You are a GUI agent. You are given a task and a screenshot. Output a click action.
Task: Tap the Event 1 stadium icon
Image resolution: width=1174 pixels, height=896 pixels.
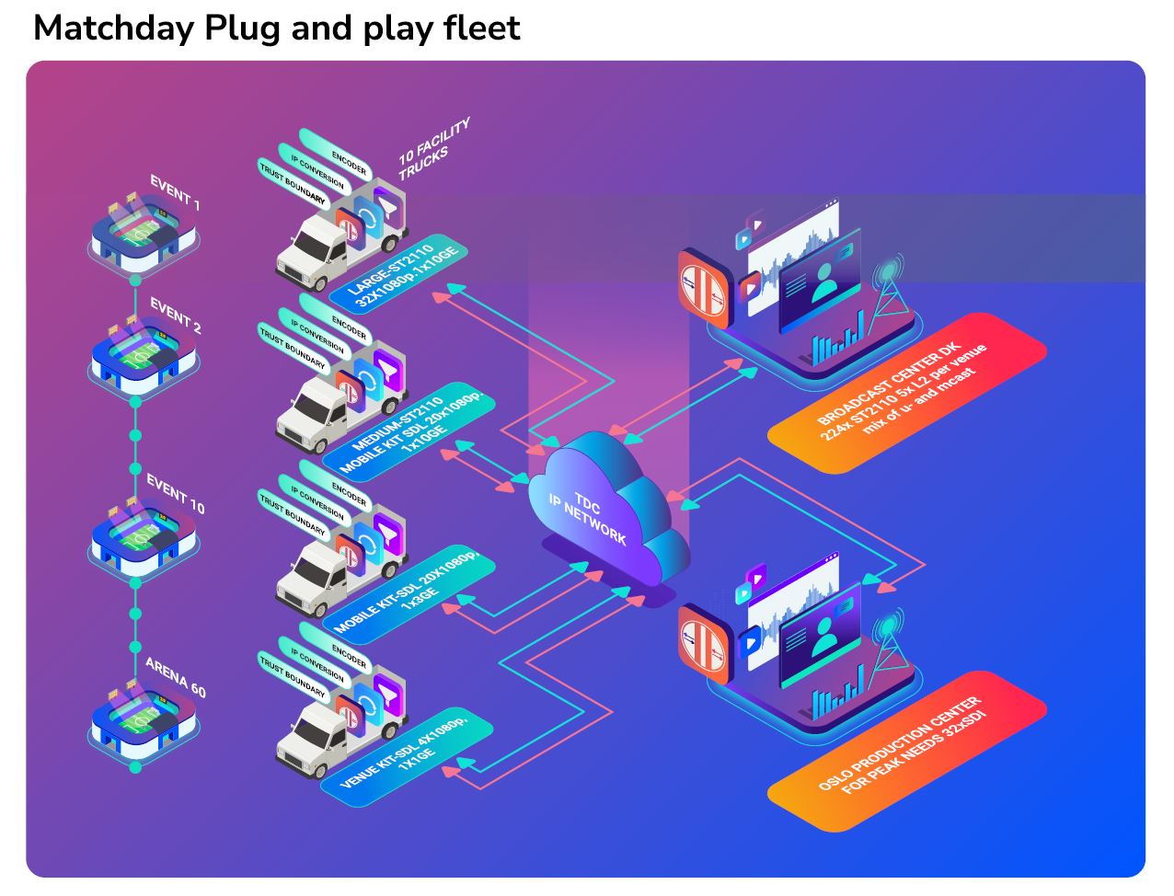pos(144,235)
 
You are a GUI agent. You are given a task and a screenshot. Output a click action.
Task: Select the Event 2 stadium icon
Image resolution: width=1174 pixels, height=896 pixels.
pos(144,353)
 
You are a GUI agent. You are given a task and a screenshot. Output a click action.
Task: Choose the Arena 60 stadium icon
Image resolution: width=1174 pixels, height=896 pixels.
pos(144,718)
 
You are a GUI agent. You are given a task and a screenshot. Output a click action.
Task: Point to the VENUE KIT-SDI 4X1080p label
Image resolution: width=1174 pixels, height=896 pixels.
pos(405,751)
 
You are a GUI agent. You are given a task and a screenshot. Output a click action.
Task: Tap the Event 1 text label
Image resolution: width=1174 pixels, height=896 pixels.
pos(175,192)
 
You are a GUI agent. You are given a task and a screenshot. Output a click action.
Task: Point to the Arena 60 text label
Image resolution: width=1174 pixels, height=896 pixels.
pos(175,676)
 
